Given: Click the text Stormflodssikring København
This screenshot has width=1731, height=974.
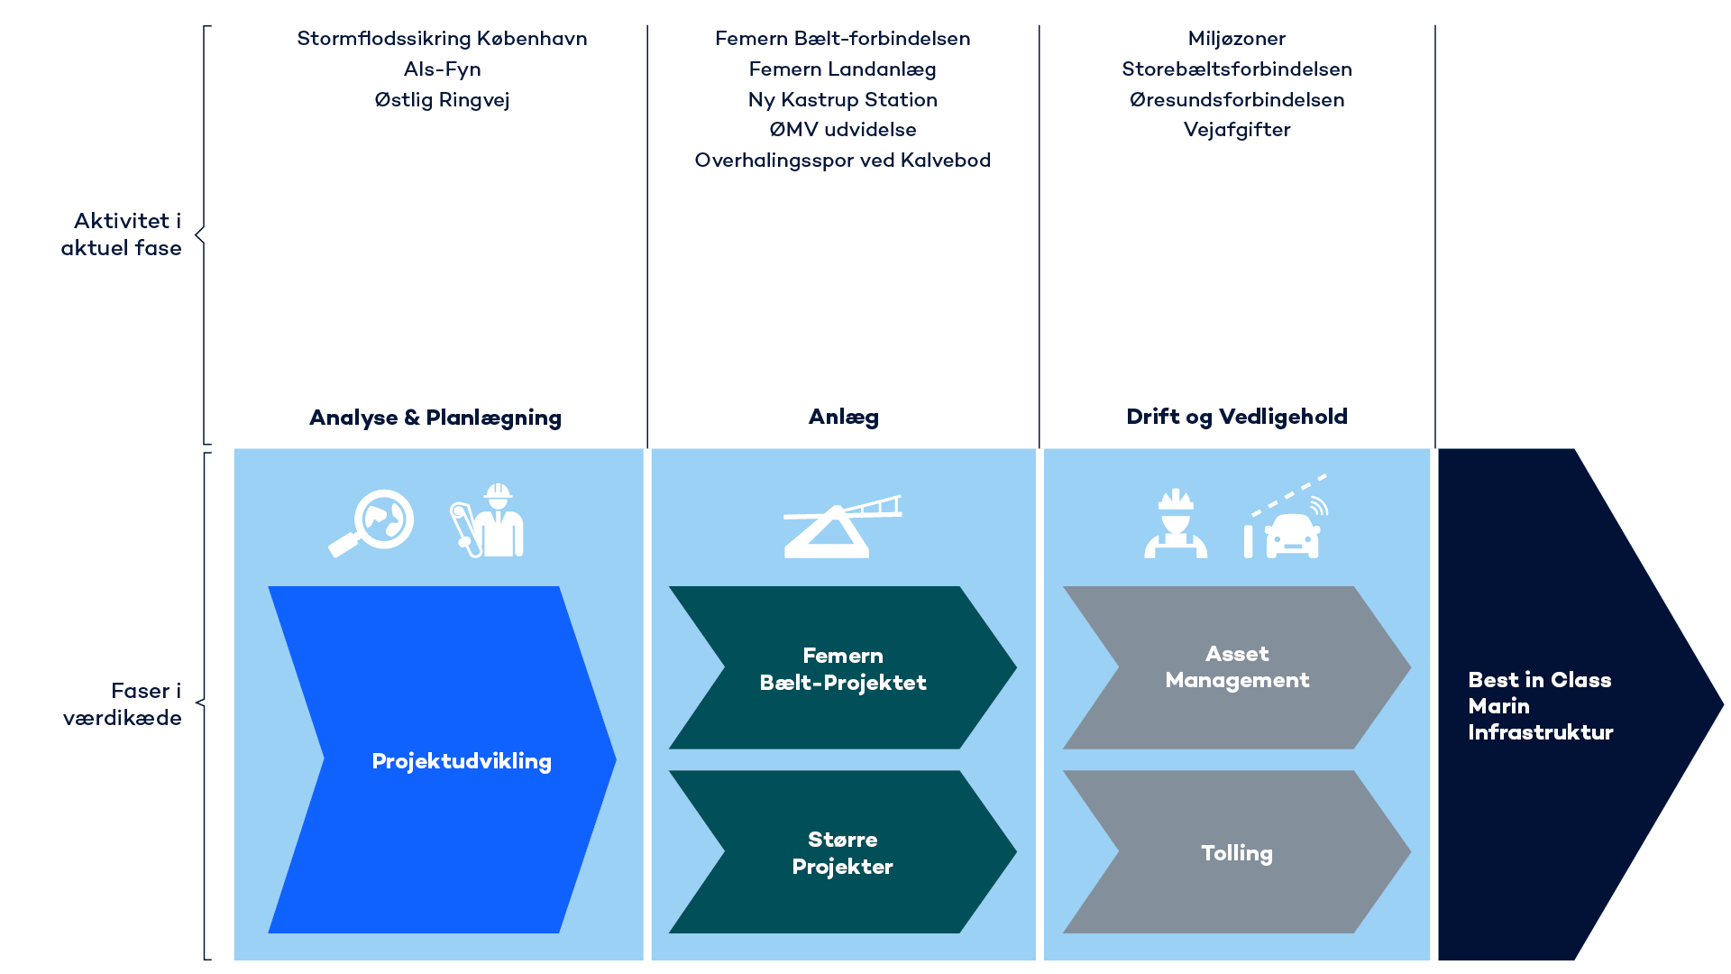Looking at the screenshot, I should (442, 39).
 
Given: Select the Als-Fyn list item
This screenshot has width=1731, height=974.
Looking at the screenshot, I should (442, 69).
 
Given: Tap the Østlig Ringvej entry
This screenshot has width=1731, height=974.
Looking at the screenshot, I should (442, 100).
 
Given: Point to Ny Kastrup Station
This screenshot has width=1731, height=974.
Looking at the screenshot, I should (842, 100).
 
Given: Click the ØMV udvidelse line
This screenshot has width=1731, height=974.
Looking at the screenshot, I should (842, 130).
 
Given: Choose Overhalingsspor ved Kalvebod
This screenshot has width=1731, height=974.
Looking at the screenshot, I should (842, 161).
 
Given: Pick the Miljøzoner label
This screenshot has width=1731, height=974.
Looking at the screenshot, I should (1236, 39).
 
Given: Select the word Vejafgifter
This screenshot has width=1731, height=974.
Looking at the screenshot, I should (1236, 130).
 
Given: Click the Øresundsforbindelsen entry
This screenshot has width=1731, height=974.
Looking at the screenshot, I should (1236, 100).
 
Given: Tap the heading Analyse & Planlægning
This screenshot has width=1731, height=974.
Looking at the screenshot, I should (435, 418).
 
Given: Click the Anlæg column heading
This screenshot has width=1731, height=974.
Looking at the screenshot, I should (843, 417).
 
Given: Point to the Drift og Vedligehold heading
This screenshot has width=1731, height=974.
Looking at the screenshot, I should (1236, 417).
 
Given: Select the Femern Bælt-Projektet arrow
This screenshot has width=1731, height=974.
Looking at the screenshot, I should (842, 668).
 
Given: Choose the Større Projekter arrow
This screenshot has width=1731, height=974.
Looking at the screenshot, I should (842, 852).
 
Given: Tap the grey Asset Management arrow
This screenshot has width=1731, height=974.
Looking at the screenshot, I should (1236, 667).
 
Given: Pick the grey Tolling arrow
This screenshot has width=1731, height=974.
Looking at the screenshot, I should (1236, 852).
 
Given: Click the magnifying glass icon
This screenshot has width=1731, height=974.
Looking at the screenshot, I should (371, 523).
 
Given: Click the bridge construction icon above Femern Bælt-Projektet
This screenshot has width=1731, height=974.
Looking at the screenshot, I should (840, 528).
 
